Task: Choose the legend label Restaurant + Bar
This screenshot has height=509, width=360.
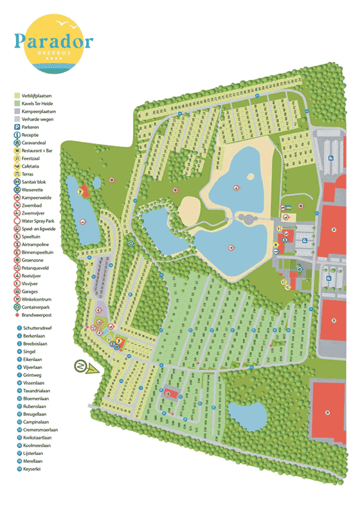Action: pyautogui.click(x=37, y=151)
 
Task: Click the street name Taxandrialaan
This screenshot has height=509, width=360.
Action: pyautogui.click(x=38, y=391)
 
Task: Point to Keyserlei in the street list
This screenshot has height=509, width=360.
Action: pyautogui.click(x=33, y=469)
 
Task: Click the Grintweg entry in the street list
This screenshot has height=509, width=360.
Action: pyautogui.click(x=33, y=375)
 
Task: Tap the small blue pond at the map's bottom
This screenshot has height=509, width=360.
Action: pyautogui.click(x=246, y=416)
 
